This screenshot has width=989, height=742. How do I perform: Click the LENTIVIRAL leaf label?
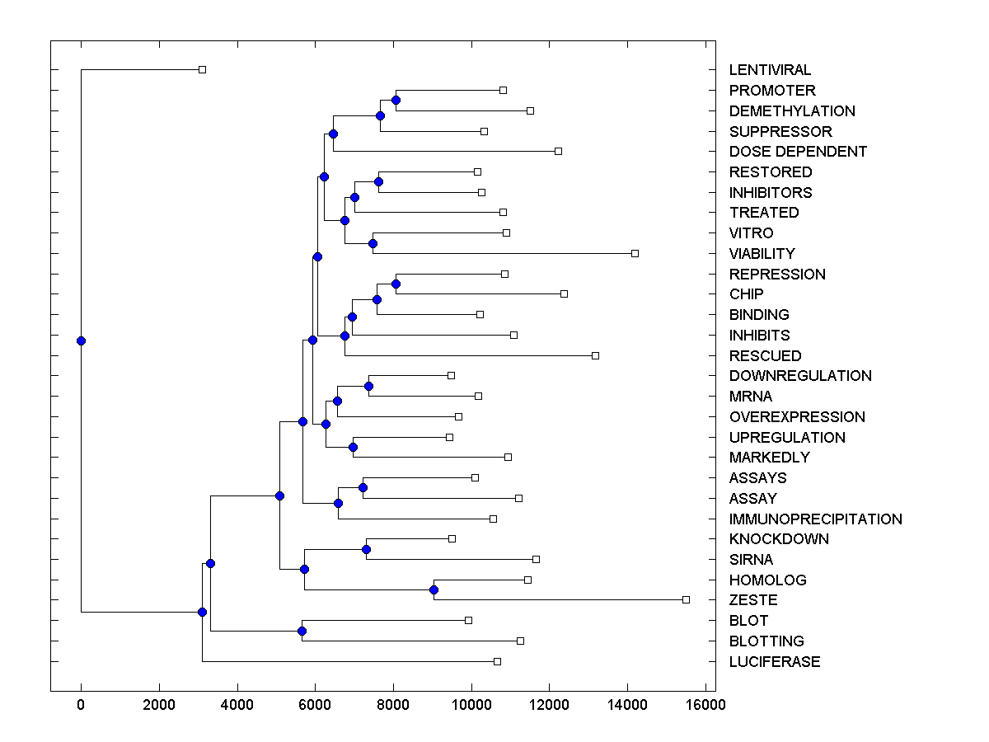coord(770,70)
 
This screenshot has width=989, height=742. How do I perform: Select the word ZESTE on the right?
coord(752,600)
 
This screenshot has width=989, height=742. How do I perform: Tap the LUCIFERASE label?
coord(774,662)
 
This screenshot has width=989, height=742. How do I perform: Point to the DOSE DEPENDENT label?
coord(798,152)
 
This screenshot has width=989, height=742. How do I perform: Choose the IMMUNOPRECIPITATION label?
coord(815,519)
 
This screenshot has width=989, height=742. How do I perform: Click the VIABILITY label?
coord(762,254)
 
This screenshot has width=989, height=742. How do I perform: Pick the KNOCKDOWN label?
coord(779,539)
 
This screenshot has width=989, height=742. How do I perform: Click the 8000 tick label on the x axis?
coord(393,705)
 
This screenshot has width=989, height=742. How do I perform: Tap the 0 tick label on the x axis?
coord(81,705)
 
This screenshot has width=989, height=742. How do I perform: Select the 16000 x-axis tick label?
coord(706,705)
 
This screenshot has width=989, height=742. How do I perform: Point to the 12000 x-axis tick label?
coord(550,705)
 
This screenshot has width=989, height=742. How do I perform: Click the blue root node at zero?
coord(81,340)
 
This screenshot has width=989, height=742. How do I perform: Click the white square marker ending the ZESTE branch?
coord(686,599)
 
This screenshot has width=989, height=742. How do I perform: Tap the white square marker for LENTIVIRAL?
coord(202,69)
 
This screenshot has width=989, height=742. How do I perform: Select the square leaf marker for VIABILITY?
coord(635,253)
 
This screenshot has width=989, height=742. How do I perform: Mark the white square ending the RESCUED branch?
coord(595,355)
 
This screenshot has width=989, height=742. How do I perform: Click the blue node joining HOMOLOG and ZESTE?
coord(434,589)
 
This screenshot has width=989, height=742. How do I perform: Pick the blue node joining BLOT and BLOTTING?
coord(302,631)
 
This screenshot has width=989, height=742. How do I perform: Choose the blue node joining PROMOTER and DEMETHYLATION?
coord(396,100)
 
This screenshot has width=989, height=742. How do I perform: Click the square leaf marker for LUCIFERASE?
coord(497,661)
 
